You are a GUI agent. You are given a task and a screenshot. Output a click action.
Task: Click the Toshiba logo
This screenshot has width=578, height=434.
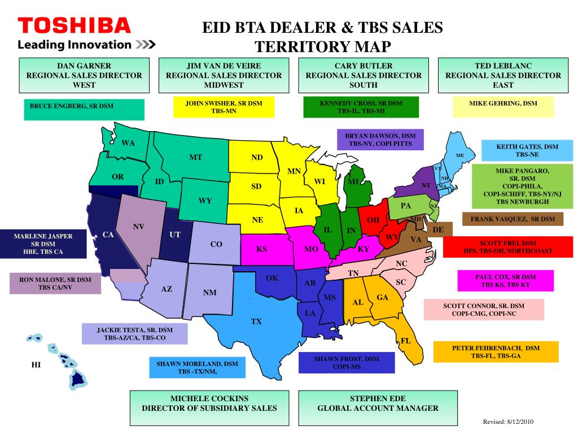point(74,25)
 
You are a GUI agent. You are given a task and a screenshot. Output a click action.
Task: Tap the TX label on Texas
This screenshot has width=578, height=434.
point(256,322)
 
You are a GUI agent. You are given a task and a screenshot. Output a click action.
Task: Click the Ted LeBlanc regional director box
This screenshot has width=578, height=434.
point(503,75)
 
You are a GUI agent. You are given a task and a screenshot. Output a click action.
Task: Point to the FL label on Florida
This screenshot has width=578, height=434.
point(406,341)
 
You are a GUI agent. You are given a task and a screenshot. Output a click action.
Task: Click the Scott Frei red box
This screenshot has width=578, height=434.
point(507,246)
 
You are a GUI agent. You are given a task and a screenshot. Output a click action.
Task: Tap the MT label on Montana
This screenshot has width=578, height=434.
point(195,157)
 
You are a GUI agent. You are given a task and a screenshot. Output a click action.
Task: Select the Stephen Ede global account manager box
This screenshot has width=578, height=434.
point(378,403)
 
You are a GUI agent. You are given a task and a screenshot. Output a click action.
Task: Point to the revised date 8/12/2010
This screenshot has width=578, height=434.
point(508,422)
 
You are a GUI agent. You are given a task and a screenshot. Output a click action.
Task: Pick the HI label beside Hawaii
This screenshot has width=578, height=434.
point(36,365)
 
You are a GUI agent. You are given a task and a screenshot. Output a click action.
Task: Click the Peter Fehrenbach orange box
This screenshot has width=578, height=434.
point(496,352)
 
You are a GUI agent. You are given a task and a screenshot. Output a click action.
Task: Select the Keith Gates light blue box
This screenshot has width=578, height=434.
point(527,150)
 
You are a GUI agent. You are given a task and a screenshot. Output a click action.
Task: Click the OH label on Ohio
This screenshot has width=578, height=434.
point(373,220)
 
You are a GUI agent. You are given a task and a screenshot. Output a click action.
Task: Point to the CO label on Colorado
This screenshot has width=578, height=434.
point(216,244)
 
